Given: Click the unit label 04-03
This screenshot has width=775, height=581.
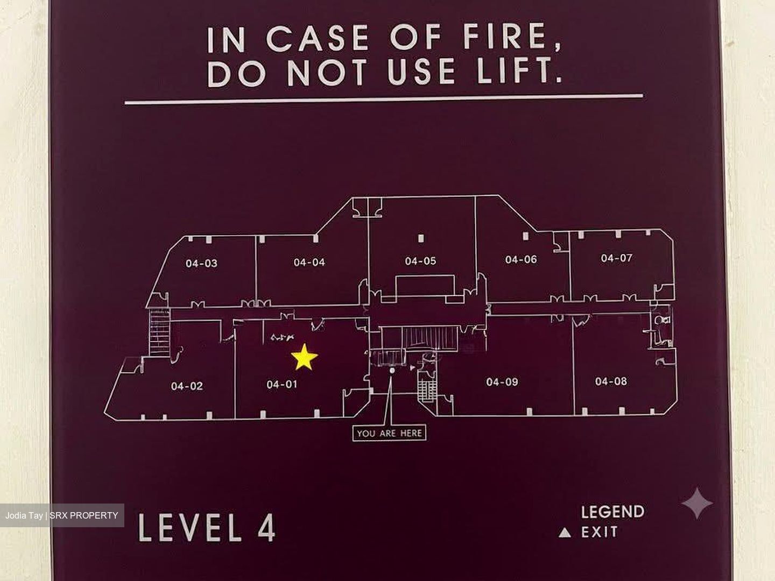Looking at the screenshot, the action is [202, 263].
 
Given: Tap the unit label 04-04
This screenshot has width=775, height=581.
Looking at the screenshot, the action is [309, 262].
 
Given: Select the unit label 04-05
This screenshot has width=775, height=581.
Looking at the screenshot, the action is [420, 261].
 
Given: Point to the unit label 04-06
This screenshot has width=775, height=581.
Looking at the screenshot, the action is [521, 260].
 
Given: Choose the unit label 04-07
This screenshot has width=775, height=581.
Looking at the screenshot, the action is [616, 258].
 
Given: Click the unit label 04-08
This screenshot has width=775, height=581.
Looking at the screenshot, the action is [611, 381].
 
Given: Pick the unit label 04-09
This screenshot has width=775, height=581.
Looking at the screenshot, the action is [502, 382].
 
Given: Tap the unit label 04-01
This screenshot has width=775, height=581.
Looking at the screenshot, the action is [282, 385].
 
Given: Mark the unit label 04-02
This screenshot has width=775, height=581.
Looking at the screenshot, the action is [187, 386].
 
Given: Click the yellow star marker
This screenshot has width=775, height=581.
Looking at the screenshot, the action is [304, 357].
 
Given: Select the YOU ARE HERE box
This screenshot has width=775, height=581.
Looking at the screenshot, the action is [389, 433].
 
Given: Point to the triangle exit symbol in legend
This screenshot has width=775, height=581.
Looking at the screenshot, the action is [565, 533].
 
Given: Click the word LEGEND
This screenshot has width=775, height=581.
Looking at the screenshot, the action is [612, 512].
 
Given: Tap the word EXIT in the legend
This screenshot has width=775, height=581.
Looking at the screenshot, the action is [600, 532].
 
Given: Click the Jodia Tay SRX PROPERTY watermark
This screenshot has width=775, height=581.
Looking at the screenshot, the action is [62, 515].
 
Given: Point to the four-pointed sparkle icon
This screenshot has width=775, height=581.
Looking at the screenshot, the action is [696, 503].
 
